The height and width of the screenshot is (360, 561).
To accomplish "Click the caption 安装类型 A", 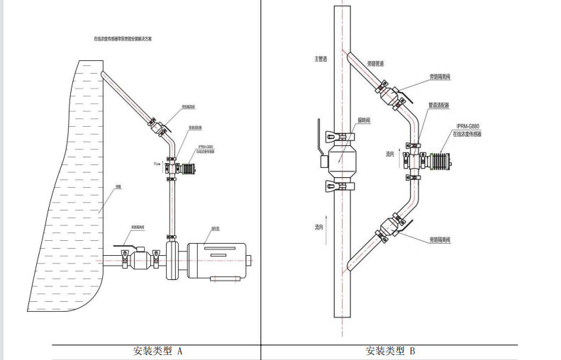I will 157,351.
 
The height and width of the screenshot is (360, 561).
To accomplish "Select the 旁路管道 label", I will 375,64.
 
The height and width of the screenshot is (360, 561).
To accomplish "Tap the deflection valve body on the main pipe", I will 343,160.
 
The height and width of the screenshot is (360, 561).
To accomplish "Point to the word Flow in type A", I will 157,163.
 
